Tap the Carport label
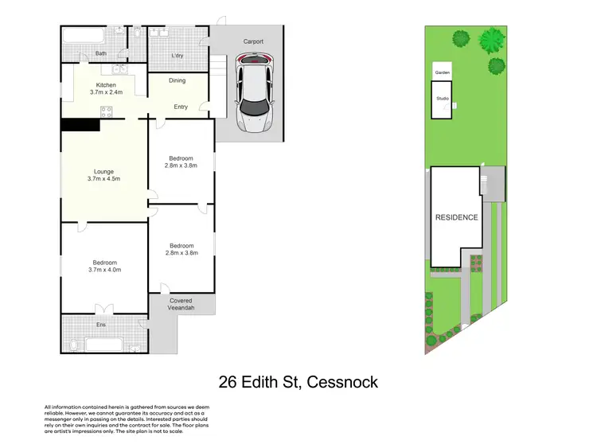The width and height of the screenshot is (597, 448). click(x=253, y=41)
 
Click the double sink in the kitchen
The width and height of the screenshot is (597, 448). click(x=119, y=69)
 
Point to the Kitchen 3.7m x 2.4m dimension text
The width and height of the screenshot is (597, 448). click(x=106, y=89)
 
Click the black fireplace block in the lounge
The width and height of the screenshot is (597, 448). click(x=80, y=124)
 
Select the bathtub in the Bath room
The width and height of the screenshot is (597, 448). click(x=87, y=35)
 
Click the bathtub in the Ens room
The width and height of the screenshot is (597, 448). click(x=103, y=345)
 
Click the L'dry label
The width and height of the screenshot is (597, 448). click(x=178, y=55)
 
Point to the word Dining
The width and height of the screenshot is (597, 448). click(x=178, y=80)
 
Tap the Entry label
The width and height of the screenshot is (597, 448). click(x=180, y=107)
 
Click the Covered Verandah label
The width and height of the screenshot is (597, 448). click(x=181, y=304)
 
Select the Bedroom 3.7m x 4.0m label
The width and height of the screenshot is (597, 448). click(x=104, y=267)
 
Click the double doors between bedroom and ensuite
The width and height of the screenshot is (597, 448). click(x=101, y=310)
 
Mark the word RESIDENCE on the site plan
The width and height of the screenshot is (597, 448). click(x=456, y=217)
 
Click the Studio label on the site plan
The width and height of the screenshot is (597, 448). click(x=442, y=99)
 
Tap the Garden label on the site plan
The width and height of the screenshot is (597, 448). click(x=442, y=72)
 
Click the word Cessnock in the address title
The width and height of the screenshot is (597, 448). click(x=340, y=383)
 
